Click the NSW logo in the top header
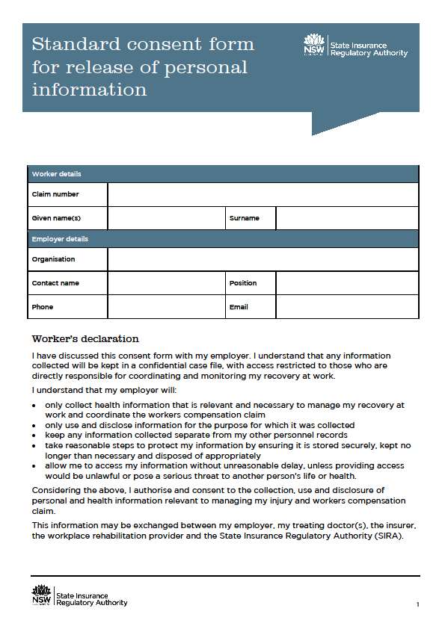(315, 46)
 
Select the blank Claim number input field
(263, 194)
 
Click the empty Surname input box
(347, 218)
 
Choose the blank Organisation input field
(263, 259)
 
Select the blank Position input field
(347, 283)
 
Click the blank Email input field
(347, 307)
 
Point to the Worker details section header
(57, 174)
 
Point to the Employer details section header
(60, 239)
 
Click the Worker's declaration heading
(85, 339)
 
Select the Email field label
(239, 307)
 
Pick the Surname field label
(245, 218)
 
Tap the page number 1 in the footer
(417, 604)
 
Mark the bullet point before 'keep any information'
(35, 435)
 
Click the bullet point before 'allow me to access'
(35, 465)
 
